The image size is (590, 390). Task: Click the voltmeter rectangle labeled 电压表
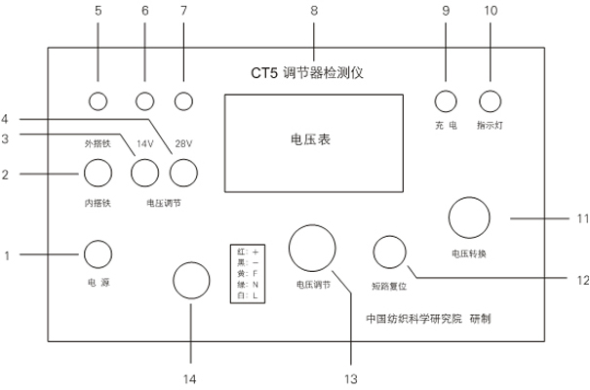click(x=312, y=139)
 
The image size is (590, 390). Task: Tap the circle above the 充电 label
click(x=446, y=100)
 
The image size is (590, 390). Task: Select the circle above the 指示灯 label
click(x=489, y=100)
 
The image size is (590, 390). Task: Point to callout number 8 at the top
click(x=313, y=11)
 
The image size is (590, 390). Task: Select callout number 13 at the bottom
click(x=341, y=377)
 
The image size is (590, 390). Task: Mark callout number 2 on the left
click(x=6, y=175)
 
